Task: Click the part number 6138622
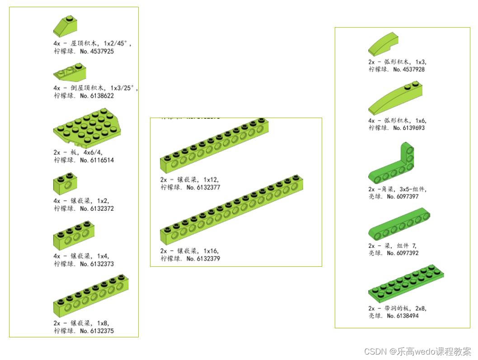(x=97, y=96)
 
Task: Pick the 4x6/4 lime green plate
(x=86, y=128)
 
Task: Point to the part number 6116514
(x=97, y=160)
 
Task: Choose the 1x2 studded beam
(x=65, y=184)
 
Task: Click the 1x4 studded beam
(x=74, y=235)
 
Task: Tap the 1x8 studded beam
(x=90, y=295)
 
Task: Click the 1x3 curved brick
(x=383, y=47)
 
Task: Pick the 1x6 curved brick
(x=396, y=99)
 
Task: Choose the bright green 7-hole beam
(x=398, y=224)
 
